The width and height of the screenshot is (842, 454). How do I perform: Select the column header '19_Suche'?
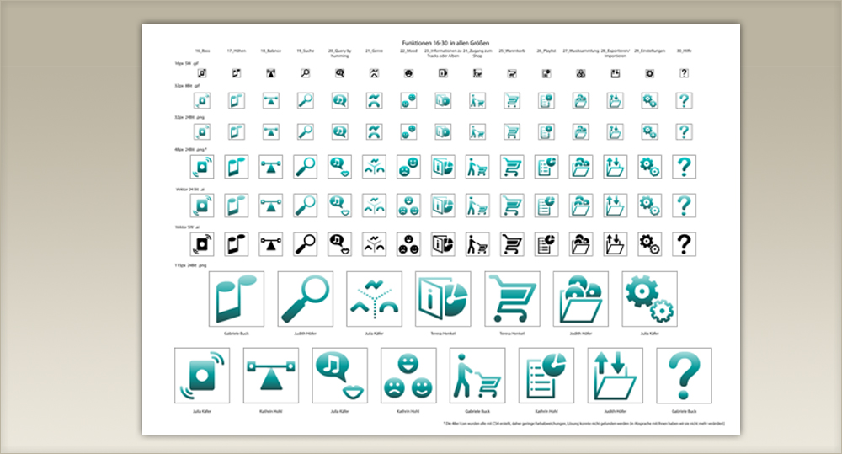pyautogui.click(x=305, y=51)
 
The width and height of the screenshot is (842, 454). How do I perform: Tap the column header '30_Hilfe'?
pyautogui.click(x=684, y=51)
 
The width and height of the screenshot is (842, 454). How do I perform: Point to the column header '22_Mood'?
pyautogui.click(x=408, y=51)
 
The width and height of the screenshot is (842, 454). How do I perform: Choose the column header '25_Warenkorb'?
pyautogui.click(x=511, y=51)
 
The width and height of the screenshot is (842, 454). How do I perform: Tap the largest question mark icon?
pyautogui.click(x=684, y=376)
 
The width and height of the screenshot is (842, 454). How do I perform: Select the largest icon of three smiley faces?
pyautogui.click(x=408, y=376)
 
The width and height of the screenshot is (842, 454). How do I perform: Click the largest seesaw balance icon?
pyautogui.click(x=271, y=376)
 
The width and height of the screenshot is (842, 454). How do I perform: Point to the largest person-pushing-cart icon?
pyautogui.click(x=477, y=376)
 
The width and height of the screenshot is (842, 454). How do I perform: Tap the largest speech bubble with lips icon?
pyautogui.click(x=339, y=376)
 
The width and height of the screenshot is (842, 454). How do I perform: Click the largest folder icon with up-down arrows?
pyautogui.click(x=615, y=376)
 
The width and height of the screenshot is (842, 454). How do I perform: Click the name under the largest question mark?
pyautogui.click(x=684, y=412)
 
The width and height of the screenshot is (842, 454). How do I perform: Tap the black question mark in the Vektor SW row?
pyautogui.click(x=685, y=244)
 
